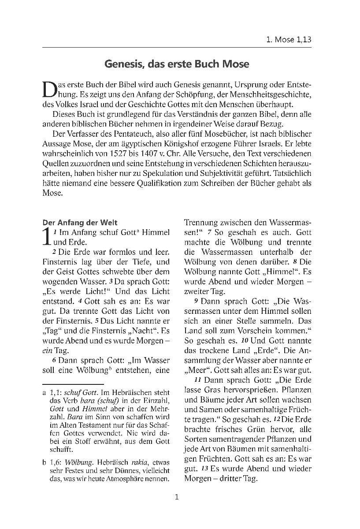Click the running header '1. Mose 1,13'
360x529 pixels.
pyautogui.click(x=289, y=39)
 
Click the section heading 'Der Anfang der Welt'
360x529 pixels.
pyautogui.click(x=80, y=223)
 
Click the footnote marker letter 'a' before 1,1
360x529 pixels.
pyautogui.click(x=44, y=391)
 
